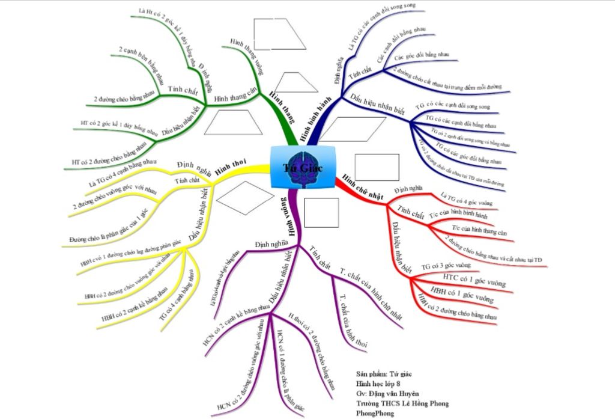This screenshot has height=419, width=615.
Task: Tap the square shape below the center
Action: pos(321,212)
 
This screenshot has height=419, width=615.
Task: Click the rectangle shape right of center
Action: pos(377,167)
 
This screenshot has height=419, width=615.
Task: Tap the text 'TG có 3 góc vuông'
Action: pos(446,265)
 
